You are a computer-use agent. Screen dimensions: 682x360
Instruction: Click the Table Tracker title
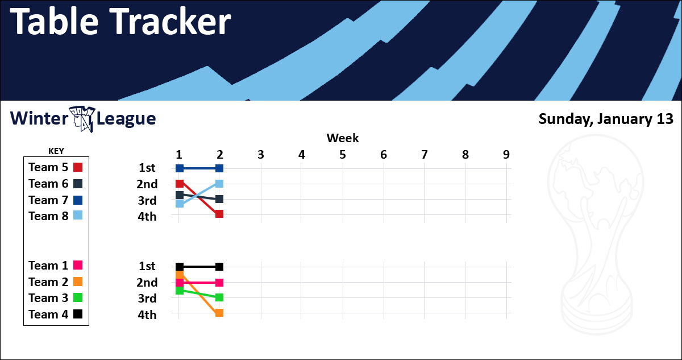(x=120, y=21)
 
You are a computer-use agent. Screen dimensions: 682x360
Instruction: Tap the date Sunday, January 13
(x=606, y=119)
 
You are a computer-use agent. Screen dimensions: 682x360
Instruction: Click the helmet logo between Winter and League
(x=82, y=119)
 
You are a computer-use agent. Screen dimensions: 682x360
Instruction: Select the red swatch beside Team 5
(x=78, y=167)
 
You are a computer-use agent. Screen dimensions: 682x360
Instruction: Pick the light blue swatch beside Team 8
(x=78, y=216)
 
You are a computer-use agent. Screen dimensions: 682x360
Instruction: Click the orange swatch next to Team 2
(x=78, y=282)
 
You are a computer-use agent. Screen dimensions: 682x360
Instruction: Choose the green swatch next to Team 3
(x=78, y=297)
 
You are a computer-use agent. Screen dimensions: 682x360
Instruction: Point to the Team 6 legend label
(x=48, y=184)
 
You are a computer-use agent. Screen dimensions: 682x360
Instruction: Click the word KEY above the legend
(x=56, y=151)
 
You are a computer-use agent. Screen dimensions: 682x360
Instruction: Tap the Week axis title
(x=343, y=138)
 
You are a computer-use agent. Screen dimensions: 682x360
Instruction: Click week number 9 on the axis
(x=506, y=155)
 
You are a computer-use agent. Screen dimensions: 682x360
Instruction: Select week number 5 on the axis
(x=343, y=155)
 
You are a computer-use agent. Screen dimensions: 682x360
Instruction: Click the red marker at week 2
(x=219, y=214)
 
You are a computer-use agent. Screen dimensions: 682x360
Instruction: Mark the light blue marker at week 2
(x=219, y=184)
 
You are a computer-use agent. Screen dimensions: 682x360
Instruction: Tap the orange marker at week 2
(x=219, y=313)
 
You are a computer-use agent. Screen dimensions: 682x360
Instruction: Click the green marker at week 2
(x=219, y=297)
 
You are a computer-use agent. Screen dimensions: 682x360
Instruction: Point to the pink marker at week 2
(x=219, y=283)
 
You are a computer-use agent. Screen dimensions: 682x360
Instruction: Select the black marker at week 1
(x=180, y=267)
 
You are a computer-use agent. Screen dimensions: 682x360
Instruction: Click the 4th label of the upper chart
(x=147, y=217)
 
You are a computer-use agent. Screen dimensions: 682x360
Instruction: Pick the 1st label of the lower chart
(x=147, y=266)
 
